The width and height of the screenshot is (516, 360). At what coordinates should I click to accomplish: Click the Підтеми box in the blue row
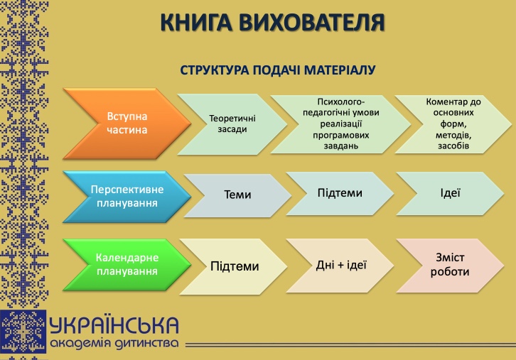point(339,193)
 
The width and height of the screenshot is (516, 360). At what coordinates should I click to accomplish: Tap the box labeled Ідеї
point(450,192)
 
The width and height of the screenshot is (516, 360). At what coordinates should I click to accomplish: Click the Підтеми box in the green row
point(234,267)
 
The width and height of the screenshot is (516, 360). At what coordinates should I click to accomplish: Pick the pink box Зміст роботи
point(450,264)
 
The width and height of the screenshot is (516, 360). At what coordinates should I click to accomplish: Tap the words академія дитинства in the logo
point(114,344)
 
